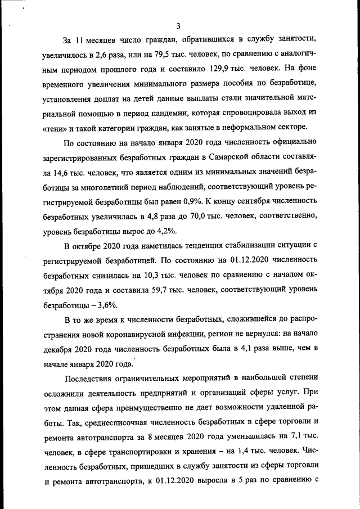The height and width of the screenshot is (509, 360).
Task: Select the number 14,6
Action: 64,171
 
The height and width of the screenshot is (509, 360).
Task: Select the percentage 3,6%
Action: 106,304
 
